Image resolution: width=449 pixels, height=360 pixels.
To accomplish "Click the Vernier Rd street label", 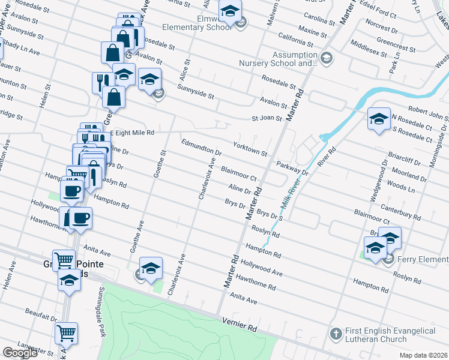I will point(239,325).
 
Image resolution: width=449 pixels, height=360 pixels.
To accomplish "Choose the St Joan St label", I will point(267,118).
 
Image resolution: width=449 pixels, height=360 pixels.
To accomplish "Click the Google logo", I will point(20,353).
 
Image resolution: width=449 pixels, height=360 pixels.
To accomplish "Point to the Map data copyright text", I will point(424,355).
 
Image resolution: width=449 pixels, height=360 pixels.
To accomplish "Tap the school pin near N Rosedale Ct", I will point(379,118).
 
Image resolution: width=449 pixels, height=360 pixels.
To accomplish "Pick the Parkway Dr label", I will point(292,167).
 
